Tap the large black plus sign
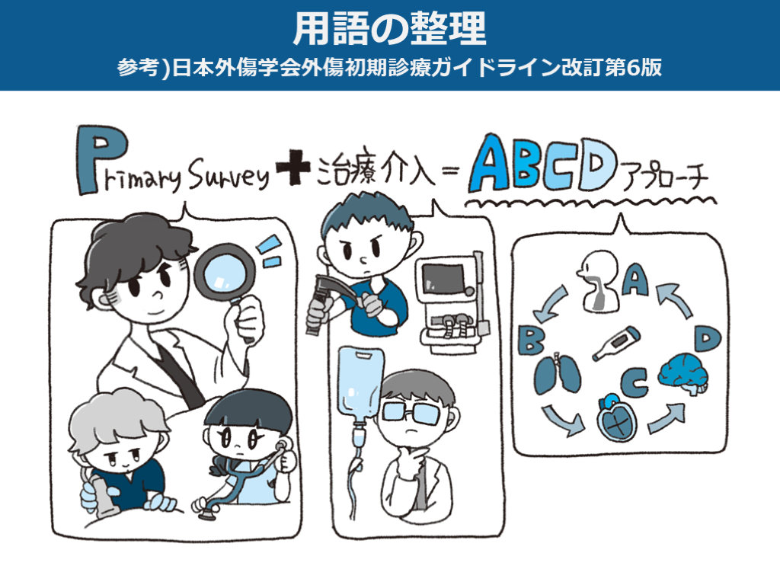293,168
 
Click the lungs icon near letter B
557,373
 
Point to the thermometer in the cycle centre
615,344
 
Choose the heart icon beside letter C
617,419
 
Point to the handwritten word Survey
229,174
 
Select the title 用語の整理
389,29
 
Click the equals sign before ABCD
449,171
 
